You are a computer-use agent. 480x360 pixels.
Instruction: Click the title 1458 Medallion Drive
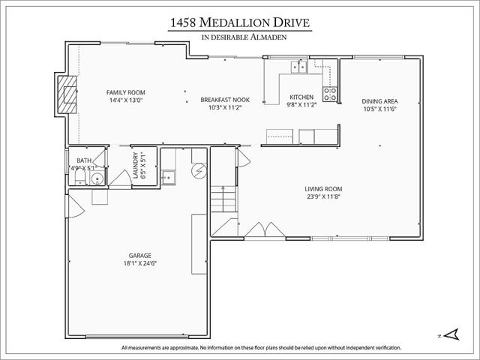(x=240, y=22)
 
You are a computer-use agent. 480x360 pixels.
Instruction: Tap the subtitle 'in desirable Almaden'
(x=244, y=37)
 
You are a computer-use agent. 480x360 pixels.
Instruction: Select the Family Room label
(x=125, y=92)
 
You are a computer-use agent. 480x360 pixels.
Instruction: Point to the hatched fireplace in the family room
(x=67, y=94)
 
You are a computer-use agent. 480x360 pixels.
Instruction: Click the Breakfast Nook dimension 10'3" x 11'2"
(x=225, y=107)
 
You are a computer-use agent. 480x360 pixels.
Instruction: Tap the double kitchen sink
(x=298, y=67)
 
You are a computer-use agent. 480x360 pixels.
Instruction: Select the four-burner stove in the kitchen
(x=330, y=94)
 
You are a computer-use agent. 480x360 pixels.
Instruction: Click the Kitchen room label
(x=301, y=97)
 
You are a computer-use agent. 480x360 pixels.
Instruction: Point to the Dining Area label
(x=379, y=101)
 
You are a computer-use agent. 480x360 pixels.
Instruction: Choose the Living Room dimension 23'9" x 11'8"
(x=323, y=196)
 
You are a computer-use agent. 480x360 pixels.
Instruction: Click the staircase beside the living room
(x=223, y=199)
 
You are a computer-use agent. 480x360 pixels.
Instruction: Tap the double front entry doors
(x=265, y=229)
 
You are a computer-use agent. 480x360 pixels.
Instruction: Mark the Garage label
(x=140, y=255)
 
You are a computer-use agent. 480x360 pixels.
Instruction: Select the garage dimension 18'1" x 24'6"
(x=140, y=263)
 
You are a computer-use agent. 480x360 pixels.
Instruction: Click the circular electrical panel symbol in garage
(x=199, y=171)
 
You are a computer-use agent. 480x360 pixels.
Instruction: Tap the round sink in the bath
(x=97, y=178)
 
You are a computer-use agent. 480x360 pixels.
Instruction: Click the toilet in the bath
(x=80, y=177)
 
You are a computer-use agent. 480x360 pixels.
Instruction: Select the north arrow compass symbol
(x=451, y=334)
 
